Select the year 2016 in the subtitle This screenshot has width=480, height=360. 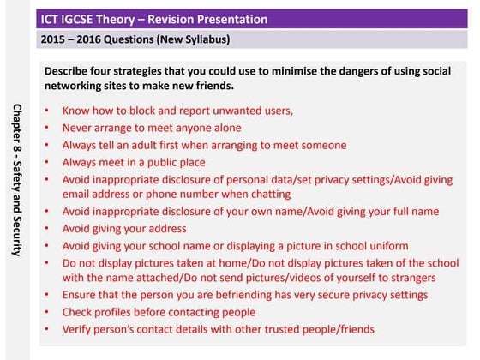click(x=94, y=40)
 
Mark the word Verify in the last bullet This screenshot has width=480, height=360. click(x=78, y=328)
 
